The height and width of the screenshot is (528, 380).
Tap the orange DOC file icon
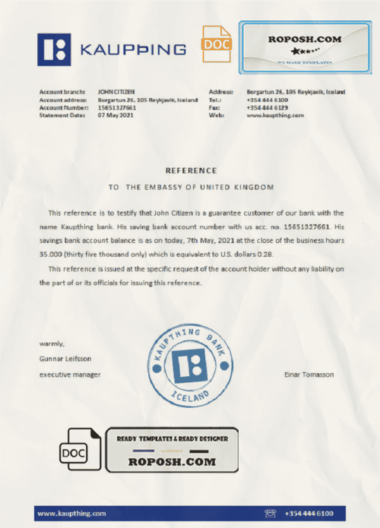click(x=217, y=44)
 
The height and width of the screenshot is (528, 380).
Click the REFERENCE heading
click(x=191, y=171)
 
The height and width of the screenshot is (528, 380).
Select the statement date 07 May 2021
click(x=115, y=115)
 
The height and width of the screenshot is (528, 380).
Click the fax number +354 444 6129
click(x=267, y=108)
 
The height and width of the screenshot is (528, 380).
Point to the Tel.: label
click(x=215, y=100)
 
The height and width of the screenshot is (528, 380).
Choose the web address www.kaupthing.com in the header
click(x=275, y=115)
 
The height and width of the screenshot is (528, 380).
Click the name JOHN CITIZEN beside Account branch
click(x=117, y=92)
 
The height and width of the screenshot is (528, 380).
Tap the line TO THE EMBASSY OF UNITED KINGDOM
click(x=191, y=187)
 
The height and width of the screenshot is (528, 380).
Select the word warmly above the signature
click(x=52, y=344)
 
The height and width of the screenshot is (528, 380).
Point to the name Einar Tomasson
click(x=309, y=375)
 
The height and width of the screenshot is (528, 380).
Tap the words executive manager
click(x=70, y=375)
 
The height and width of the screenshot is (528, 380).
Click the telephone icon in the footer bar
click(x=270, y=513)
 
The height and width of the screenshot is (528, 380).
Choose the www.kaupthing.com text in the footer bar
click(x=72, y=513)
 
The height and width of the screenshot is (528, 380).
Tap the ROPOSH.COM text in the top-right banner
click(x=305, y=39)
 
